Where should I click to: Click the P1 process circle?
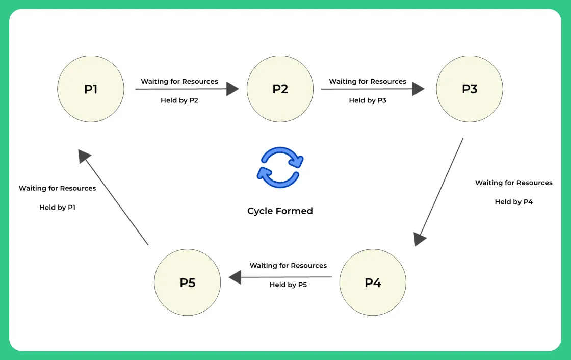(x=91, y=89)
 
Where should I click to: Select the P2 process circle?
(x=280, y=89)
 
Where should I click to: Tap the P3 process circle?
(x=470, y=89)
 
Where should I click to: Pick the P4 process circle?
(x=373, y=282)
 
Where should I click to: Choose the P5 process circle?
(x=188, y=282)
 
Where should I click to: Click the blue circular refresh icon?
(x=280, y=167)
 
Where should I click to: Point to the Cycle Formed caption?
(x=280, y=211)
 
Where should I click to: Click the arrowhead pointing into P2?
(x=232, y=89)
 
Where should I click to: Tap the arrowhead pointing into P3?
(x=418, y=89)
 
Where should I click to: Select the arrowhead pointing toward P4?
(x=420, y=239)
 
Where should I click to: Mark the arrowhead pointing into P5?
(x=235, y=277)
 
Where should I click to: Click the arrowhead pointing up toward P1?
(x=85, y=156)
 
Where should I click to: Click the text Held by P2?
(x=179, y=100)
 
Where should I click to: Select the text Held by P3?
(x=368, y=100)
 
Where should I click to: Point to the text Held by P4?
(x=513, y=202)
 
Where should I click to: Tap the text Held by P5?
(x=288, y=285)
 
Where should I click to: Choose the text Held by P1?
(x=57, y=208)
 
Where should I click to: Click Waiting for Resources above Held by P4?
(x=513, y=183)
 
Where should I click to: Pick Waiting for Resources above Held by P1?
(x=57, y=188)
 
